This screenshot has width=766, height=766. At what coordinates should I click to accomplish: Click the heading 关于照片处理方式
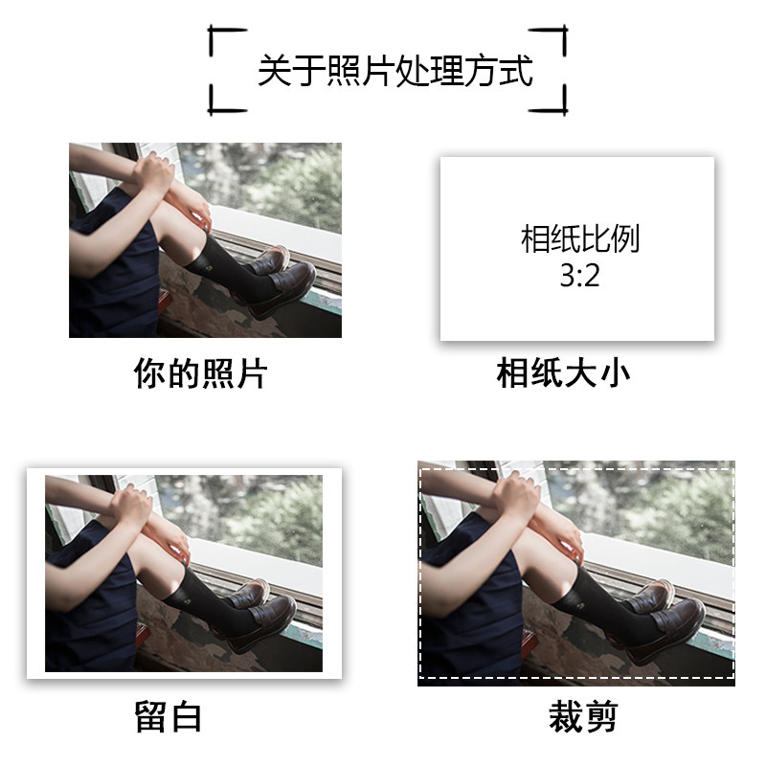pos(394,71)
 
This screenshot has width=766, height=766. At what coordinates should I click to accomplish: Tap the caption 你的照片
pos(200,373)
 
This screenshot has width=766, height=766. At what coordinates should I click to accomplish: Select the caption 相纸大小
pos(563,373)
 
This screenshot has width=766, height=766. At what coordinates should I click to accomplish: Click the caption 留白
pos(169,716)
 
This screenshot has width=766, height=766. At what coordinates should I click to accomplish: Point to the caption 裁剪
pos(583,716)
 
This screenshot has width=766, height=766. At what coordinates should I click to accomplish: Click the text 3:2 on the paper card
pos(579,276)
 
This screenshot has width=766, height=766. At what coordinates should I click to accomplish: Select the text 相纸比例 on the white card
pos(580,238)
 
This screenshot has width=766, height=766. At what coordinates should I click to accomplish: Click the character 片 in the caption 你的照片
pos(252,373)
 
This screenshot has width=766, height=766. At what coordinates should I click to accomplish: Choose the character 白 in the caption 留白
pos(186,716)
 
